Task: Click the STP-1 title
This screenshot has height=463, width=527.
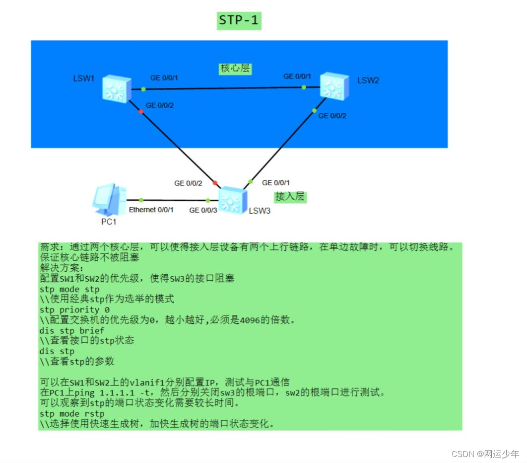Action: click(239, 21)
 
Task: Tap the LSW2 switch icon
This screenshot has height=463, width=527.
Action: click(333, 85)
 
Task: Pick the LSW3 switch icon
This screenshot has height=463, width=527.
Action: click(231, 200)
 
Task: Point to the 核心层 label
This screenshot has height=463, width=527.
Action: click(235, 69)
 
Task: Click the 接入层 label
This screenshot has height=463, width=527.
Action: click(290, 197)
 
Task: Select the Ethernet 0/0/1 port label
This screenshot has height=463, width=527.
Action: click(151, 210)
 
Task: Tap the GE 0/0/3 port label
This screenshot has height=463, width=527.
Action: click(203, 210)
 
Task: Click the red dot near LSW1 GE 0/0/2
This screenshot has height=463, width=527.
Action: click(141, 112)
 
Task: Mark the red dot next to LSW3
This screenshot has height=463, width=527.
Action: click(215, 183)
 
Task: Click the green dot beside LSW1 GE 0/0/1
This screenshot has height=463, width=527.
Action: click(143, 89)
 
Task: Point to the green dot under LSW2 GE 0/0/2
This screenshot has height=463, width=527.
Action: click(314, 110)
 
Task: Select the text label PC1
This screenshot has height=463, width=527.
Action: click(109, 222)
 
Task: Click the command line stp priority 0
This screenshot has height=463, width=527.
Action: click(74, 310)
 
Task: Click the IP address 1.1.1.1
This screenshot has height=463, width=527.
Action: click(110, 393)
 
